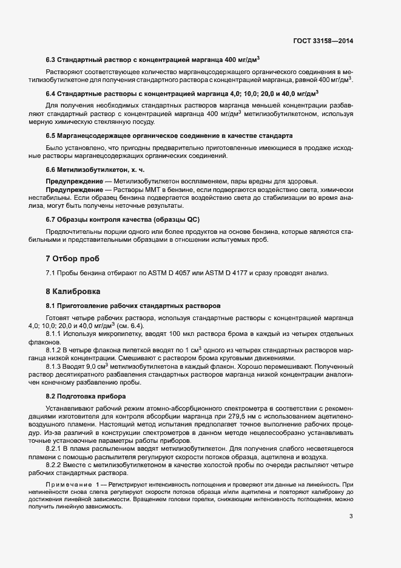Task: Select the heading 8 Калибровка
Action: point(75,292)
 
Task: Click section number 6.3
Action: point(51,60)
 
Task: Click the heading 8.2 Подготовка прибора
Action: point(86,396)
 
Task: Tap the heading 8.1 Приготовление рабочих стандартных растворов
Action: point(133,305)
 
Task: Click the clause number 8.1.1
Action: point(55,334)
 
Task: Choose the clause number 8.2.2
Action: point(55,448)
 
